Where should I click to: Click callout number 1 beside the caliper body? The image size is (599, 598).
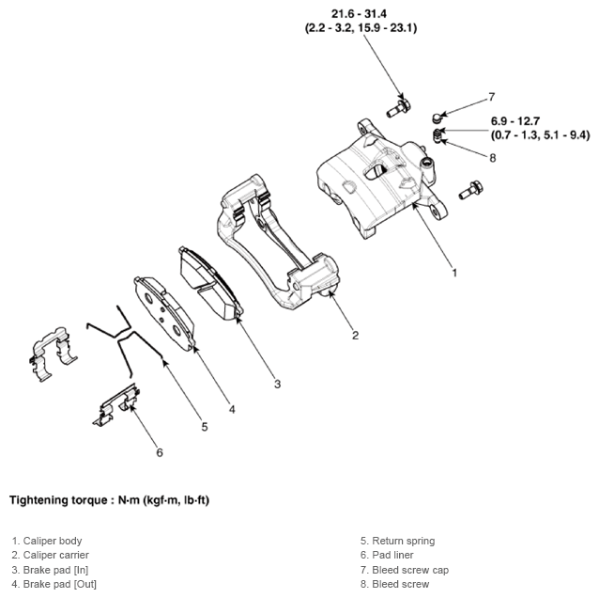click(454, 274)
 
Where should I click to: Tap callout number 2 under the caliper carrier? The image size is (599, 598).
click(355, 335)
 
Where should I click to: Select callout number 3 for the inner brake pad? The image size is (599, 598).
click(277, 383)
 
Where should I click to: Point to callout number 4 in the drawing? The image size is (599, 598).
click(231, 409)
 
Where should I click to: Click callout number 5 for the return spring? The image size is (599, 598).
click(204, 427)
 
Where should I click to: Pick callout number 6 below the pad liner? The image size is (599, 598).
click(159, 452)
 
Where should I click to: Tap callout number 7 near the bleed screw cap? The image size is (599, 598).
click(491, 97)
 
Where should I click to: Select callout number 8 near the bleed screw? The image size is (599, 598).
click(491, 158)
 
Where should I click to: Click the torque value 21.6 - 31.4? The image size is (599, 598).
click(361, 13)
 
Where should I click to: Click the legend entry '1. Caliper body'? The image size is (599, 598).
click(47, 541)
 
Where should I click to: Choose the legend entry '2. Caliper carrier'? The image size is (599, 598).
click(51, 555)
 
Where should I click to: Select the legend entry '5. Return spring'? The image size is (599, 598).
click(397, 541)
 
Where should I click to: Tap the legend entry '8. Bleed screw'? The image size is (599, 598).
click(394, 584)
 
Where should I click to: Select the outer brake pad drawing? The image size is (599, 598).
click(166, 311)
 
